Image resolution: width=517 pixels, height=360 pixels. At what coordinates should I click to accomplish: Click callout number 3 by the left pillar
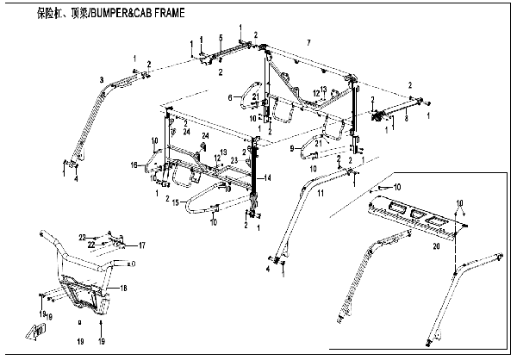pos(102,79)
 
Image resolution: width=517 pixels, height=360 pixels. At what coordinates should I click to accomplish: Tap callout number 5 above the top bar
pos(221,37)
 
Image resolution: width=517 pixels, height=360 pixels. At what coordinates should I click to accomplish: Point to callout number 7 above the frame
pos(308,42)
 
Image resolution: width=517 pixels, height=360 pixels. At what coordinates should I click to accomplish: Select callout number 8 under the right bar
pos(407,121)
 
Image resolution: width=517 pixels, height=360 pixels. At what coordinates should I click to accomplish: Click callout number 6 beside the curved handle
pos(231,98)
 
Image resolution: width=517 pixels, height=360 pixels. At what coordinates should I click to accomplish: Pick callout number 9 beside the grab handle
pos(292,149)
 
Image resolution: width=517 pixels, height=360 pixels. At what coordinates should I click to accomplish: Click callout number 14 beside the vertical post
pos(268,177)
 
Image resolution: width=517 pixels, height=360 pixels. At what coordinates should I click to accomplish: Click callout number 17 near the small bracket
pos(142,245)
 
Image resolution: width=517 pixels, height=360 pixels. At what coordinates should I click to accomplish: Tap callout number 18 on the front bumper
pos(124,289)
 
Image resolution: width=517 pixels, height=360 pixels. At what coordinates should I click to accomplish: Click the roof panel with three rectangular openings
pos(414,215)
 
